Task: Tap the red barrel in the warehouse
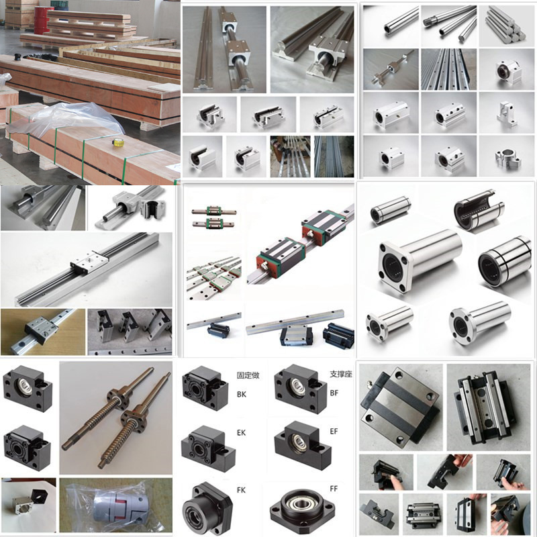click(x=44, y=20)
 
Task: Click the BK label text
click(x=242, y=395)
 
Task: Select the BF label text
click(x=334, y=393)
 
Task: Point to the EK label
click(x=241, y=433)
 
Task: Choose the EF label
click(x=334, y=432)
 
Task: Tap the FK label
click(x=241, y=491)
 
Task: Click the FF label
click(x=334, y=489)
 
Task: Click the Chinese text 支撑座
click(x=341, y=375)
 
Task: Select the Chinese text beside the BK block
click(x=248, y=375)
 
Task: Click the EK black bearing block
click(x=207, y=448)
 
